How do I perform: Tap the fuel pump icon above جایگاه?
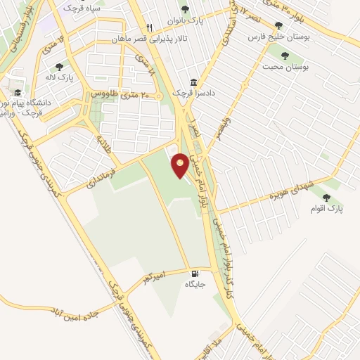pos(193,274)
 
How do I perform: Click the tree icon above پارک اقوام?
pos(327,198)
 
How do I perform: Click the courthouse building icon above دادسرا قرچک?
pos(193,83)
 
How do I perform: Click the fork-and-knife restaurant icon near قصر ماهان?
pos(149,27)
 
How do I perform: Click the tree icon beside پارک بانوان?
pos(185,9)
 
